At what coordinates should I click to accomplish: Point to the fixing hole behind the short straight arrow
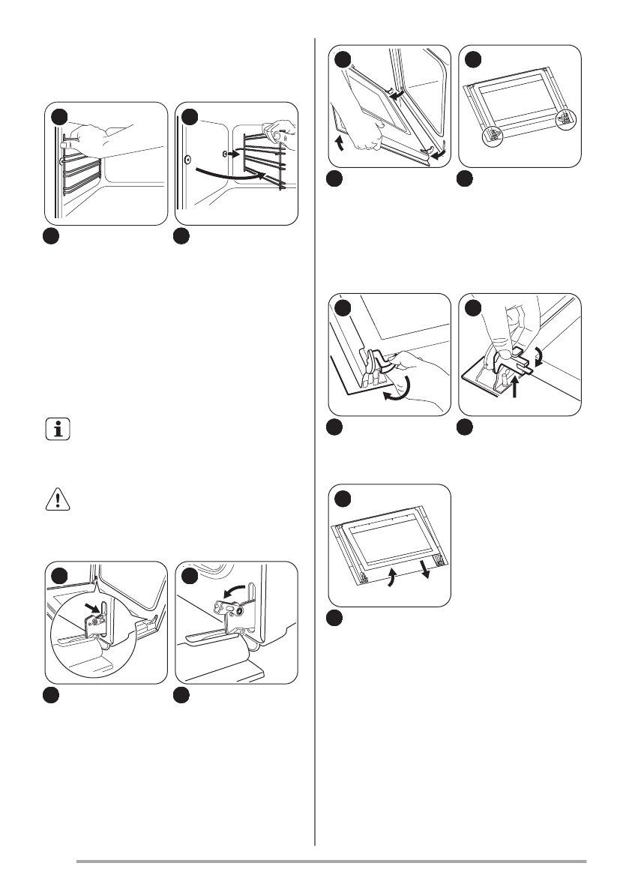[224, 153]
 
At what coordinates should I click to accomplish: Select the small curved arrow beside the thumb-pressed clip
[543, 353]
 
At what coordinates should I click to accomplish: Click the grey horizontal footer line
[331, 862]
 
